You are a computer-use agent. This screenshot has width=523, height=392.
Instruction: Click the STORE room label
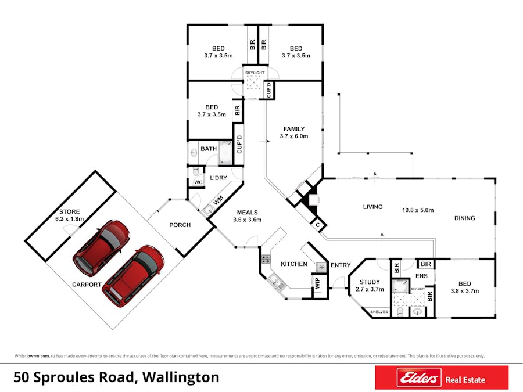[x=69, y=211]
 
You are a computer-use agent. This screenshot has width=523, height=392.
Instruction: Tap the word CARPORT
[x=87, y=285]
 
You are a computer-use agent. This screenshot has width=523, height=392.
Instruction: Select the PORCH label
[x=180, y=225]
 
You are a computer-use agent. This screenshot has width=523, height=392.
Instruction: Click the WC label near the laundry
[x=198, y=182]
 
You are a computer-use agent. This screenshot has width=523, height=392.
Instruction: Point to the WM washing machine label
[x=218, y=201]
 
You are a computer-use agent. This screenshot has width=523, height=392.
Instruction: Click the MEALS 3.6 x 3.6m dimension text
[x=247, y=220]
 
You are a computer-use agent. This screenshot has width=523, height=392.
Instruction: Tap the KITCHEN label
[x=294, y=264]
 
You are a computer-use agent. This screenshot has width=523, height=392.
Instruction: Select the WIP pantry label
[x=317, y=283]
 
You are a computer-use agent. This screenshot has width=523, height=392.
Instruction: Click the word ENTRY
[x=341, y=265]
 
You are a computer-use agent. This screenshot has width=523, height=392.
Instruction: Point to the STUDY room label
[x=370, y=282]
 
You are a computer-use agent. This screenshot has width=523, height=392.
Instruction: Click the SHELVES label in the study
[x=379, y=312]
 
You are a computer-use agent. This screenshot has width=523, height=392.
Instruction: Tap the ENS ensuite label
[x=422, y=276]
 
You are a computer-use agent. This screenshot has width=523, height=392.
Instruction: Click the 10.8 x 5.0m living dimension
[x=418, y=210]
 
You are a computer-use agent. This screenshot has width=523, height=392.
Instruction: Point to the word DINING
[x=465, y=218]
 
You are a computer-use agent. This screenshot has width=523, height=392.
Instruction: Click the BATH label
[x=209, y=149]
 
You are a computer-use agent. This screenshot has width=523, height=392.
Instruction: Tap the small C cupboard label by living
[x=318, y=225]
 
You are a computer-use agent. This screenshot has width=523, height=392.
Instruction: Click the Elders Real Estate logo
[x=442, y=377]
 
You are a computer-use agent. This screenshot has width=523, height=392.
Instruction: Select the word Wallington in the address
[x=181, y=377]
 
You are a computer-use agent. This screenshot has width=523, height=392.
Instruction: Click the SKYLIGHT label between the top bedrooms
[x=255, y=73]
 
